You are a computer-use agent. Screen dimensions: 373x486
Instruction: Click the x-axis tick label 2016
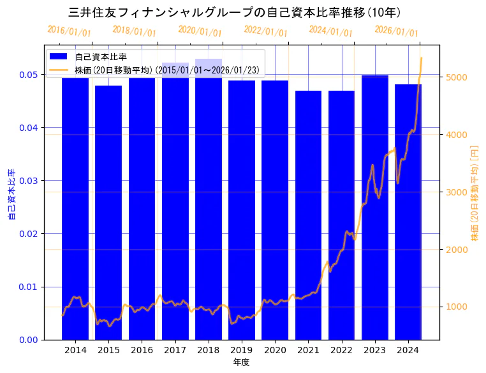[142, 350]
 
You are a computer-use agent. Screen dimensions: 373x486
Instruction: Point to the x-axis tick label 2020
[275, 350]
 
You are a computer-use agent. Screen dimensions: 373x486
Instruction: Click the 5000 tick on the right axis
[456, 77]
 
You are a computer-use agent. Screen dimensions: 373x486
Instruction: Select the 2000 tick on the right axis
[456, 250]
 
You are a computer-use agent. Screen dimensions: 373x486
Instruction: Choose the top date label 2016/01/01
[70, 31]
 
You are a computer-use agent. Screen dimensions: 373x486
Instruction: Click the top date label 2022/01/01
[265, 31]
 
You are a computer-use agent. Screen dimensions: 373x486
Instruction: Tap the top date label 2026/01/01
[396, 31]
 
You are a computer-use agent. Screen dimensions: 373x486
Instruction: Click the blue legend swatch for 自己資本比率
[59, 57]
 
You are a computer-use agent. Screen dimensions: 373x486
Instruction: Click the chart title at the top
[235, 12]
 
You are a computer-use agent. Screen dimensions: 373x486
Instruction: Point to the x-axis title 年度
[241, 362]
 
